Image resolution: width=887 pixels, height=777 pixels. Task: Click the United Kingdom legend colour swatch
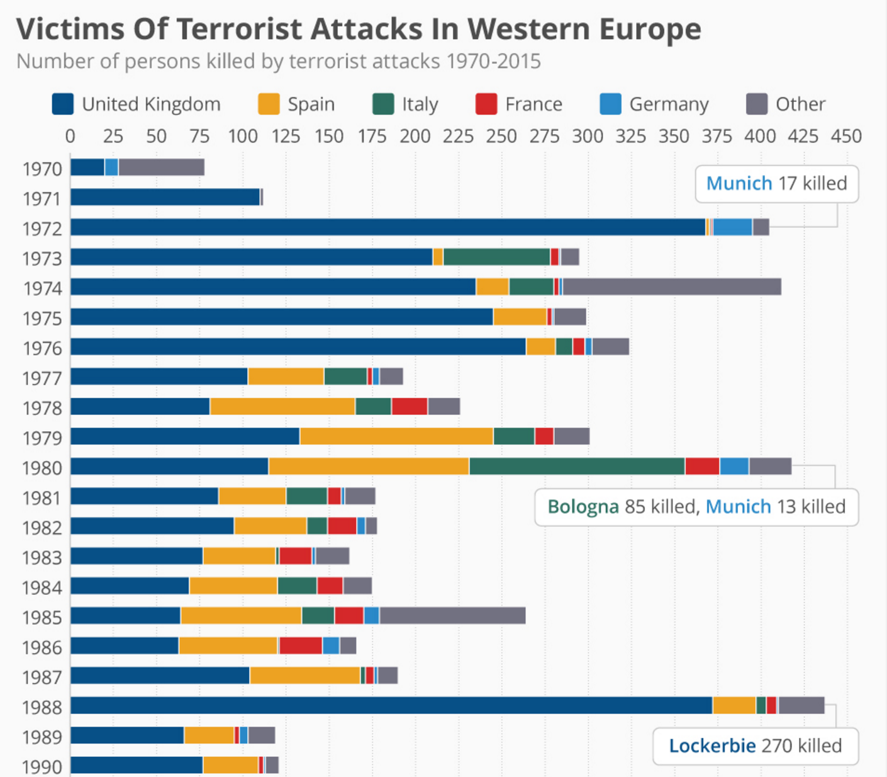62,104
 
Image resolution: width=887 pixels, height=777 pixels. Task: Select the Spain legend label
311,104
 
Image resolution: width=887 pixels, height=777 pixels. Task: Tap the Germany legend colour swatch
610,104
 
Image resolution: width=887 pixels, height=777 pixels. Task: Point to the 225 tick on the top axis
458,136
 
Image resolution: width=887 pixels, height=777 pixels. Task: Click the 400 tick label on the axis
760,136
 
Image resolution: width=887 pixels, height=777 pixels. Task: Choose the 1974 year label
42,288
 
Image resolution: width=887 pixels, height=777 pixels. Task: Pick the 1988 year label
42,707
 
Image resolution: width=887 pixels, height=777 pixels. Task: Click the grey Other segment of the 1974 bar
672,286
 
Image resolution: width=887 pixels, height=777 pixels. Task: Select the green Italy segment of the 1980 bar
577,467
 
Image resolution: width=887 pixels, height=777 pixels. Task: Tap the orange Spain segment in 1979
396,436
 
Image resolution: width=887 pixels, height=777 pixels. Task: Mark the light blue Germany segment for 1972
732,227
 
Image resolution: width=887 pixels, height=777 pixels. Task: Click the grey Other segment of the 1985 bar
452,616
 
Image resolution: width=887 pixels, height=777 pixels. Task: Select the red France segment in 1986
301,645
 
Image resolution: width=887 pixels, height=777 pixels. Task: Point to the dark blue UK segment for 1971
165,197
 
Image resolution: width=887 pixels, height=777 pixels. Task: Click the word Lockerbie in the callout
712,746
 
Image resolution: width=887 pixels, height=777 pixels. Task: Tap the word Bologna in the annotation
583,506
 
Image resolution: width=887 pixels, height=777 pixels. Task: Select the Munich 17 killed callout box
776,183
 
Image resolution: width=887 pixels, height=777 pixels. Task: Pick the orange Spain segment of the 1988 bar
734,705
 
